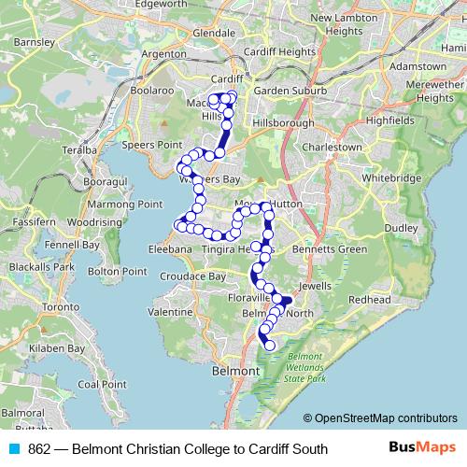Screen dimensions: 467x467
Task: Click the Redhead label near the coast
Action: pyautogui.click(x=369, y=299)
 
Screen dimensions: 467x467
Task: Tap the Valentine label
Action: pyautogui.click(x=170, y=311)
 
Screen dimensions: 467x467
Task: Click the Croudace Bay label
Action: pyautogui.click(x=192, y=277)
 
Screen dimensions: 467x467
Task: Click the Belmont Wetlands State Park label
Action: pyautogui.click(x=305, y=368)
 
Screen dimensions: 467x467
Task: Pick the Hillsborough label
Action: pyautogui.click(x=280, y=122)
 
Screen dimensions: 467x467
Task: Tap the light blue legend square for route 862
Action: pyautogui.click(x=14, y=449)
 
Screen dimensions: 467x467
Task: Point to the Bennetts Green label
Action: pyautogui.click(x=330, y=249)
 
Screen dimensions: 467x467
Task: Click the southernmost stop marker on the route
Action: pyautogui.click(x=271, y=346)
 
